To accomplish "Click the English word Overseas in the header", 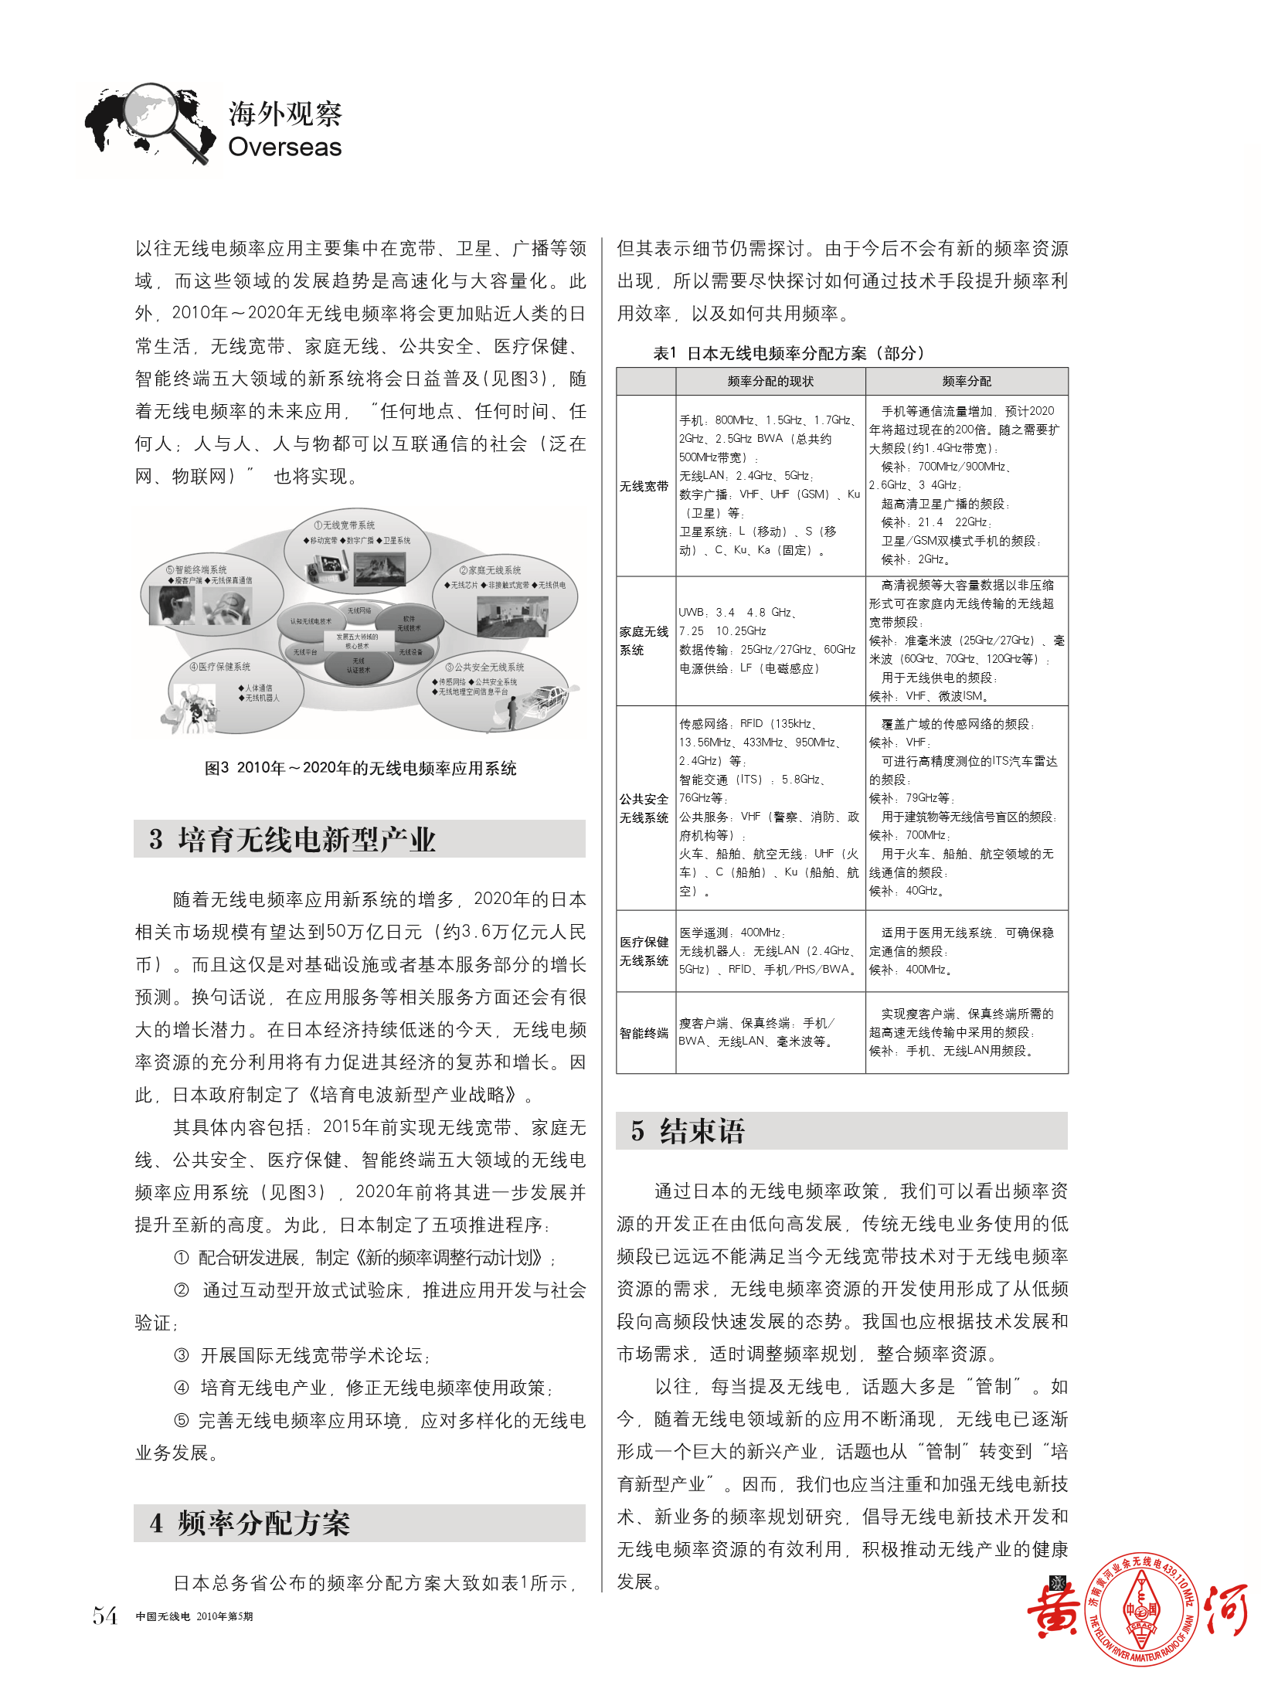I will click(x=284, y=147).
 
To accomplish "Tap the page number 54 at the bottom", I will click(x=105, y=1616).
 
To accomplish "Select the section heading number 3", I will click(x=156, y=839).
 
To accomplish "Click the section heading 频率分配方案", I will click(x=264, y=1523).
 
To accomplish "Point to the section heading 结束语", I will click(x=702, y=1131).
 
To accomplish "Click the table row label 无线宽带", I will click(x=644, y=486).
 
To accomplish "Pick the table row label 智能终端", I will click(x=644, y=1033).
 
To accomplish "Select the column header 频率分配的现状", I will click(x=770, y=381).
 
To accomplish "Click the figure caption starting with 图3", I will click(x=360, y=768).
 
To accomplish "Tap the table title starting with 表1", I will click(x=789, y=353).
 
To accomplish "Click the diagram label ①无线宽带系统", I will click(x=345, y=525).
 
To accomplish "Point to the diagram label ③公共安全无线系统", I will click(x=485, y=667).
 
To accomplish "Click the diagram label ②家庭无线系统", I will click(x=490, y=570).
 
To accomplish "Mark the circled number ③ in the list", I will click(x=182, y=1355).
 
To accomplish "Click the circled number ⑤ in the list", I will click(x=182, y=1420).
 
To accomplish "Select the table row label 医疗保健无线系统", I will click(x=644, y=951).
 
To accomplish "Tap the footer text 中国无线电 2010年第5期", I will click(x=194, y=1616).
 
